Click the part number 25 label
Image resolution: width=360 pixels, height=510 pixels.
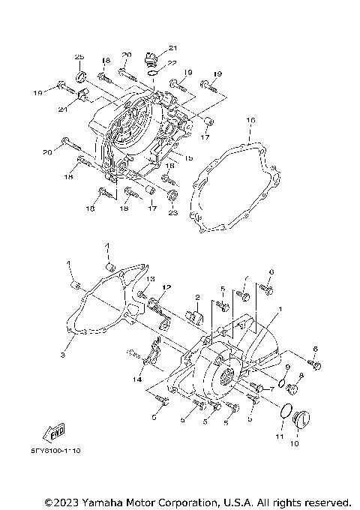click(x=79, y=58)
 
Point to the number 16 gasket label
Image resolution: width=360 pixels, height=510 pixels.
click(x=250, y=119)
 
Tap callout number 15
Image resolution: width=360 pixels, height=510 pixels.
click(x=188, y=157)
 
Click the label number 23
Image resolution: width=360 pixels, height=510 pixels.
click(x=173, y=212)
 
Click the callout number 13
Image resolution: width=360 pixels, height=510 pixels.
click(x=150, y=279)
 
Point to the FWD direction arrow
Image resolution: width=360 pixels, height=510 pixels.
click(x=53, y=433)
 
